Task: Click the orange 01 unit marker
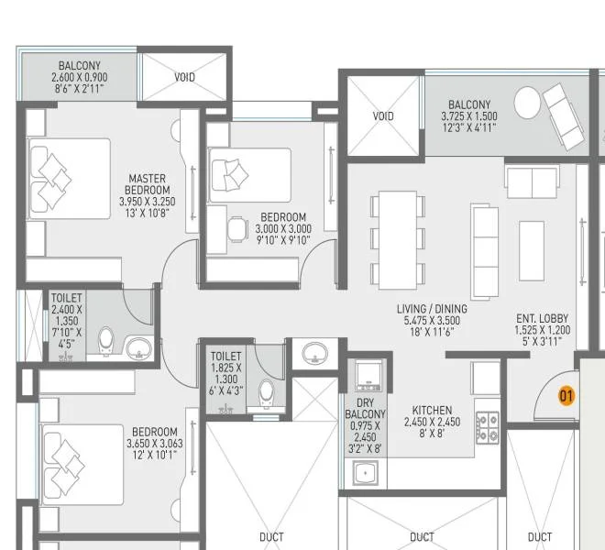[x=566, y=396]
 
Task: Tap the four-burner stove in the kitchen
[x=487, y=424]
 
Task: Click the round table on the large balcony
[x=527, y=102]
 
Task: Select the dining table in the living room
[x=398, y=236]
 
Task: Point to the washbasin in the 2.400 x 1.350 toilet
[x=138, y=347]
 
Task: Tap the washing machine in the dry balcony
[x=368, y=375]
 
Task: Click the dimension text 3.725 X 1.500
[x=469, y=116]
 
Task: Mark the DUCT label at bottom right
[x=540, y=537]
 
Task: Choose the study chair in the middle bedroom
[x=236, y=225]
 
